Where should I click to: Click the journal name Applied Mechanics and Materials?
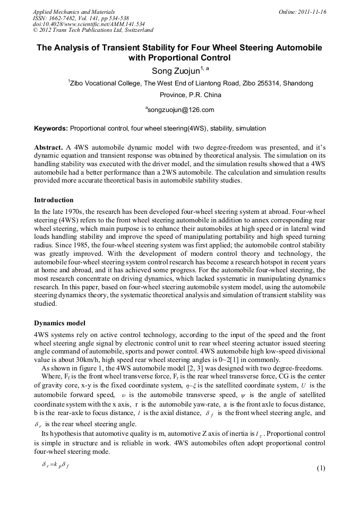[x=73, y=12]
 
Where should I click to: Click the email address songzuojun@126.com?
[x=181, y=110]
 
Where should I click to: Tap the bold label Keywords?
[x=51, y=128]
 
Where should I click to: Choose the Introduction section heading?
[x=54, y=200]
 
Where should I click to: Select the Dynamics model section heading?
[x=59, y=323]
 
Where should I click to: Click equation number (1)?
[x=320, y=468]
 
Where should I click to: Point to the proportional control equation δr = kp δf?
[x=56, y=464]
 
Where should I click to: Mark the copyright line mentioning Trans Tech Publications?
[x=92, y=31]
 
